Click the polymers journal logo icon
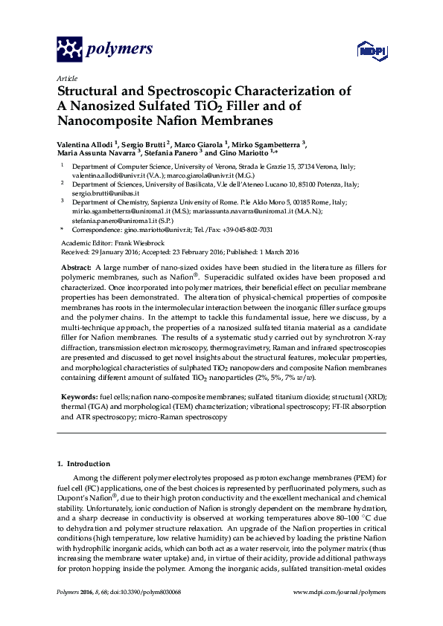pyautogui.click(x=70, y=50)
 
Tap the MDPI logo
pyautogui.click(x=369, y=51)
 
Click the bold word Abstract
pyautogui.click(x=75, y=266)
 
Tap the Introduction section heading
pyautogui.click(x=88, y=464)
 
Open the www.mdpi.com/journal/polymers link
pyautogui.click(x=340, y=592)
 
